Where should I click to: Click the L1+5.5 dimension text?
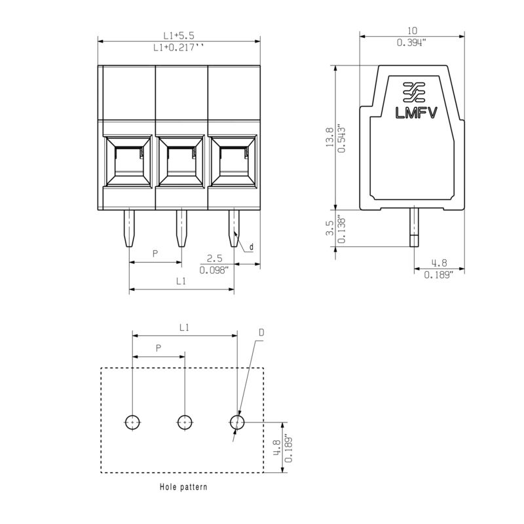(x=178, y=35)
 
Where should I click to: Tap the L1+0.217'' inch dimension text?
(x=178, y=48)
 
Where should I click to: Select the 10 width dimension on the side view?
(x=413, y=31)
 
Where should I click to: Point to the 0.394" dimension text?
(x=412, y=43)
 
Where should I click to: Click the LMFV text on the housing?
(x=416, y=113)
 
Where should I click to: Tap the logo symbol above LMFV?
(x=414, y=92)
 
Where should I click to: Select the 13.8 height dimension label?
(x=330, y=137)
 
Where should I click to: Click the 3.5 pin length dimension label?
(x=330, y=228)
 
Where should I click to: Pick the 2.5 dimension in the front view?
(x=214, y=258)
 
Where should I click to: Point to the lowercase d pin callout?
(x=252, y=247)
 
